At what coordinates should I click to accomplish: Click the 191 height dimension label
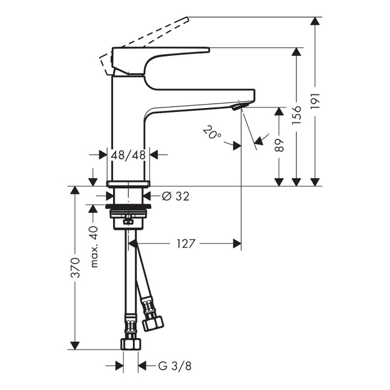pyautogui.click(x=316, y=101)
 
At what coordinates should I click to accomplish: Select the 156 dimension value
pyautogui.click(x=297, y=115)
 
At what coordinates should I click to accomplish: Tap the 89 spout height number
pyautogui.click(x=280, y=145)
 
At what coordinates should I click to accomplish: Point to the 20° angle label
pyautogui.click(x=212, y=132)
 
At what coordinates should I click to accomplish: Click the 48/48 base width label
pyautogui.click(x=128, y=155)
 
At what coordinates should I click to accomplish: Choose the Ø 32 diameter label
pyautogui.click(x=176, y=196)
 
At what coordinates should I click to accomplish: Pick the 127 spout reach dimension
pyautogui.click(x=186, y=244)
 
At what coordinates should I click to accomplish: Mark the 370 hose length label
pyautogui.click(x=75, y=268)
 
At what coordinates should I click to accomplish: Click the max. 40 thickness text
pyautogui.click(x=94, y=247)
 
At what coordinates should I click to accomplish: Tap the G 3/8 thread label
pyautogui.click(x=175, y=366)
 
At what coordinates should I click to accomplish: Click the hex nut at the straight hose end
pyautogui.click(x=131, y=344)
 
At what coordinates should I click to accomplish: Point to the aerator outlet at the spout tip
pyautogui.click(x=238, y=106)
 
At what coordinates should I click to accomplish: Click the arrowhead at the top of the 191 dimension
pyautogui.click(x=315, y=20)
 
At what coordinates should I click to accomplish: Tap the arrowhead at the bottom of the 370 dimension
pyautogui.click(x=75, y=346)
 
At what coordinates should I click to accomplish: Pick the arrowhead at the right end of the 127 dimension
pyautogui.click(x=237, y=244)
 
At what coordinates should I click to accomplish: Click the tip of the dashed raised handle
pyautogui.click(x=188, y=18)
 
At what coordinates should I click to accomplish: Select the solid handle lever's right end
pyautogui.click(x=209, y=50)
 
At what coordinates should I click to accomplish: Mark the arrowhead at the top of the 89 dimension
pyautogui.click(x=279, y=111)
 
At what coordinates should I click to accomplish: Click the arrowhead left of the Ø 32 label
pyautogui.click(x=110, y=196)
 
